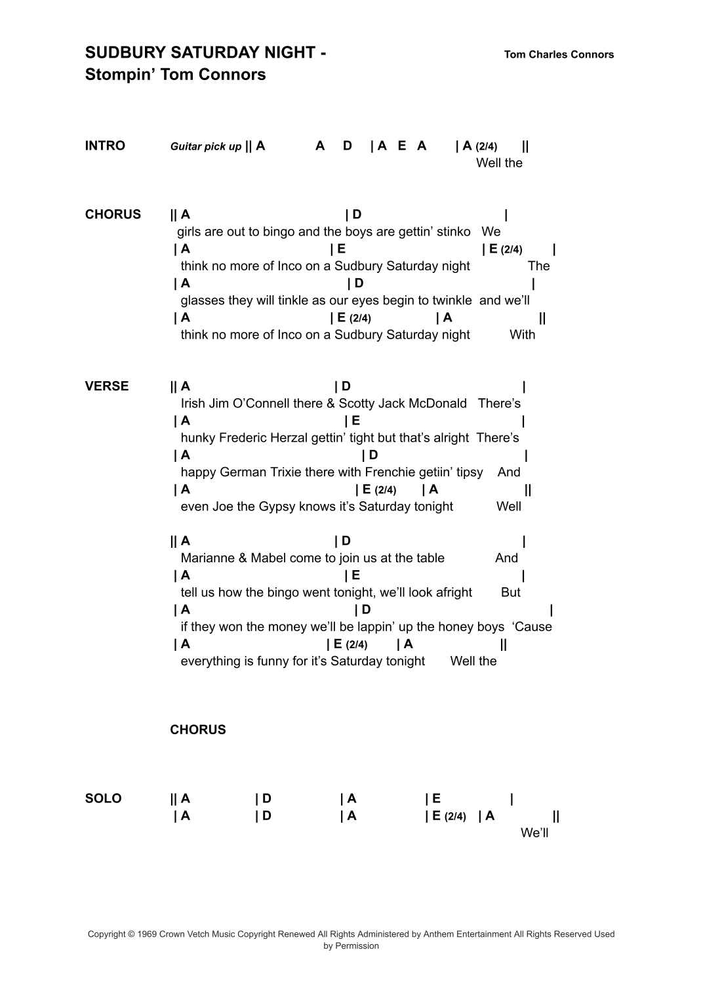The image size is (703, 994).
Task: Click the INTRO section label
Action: [x=105, y=146]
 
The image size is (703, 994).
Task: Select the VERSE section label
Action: [x=107, y=386]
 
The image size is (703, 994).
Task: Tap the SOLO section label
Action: [x=103, y=798]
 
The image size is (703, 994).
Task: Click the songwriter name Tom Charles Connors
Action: [x=559, y=54]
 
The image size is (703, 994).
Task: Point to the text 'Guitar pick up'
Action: [x=206, y=146]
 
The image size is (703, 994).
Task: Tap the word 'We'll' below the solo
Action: [x=534, y=833]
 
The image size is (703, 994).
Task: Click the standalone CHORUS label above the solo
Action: [x=197, y=730]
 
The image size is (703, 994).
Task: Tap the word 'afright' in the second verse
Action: [x=453, y=592]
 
